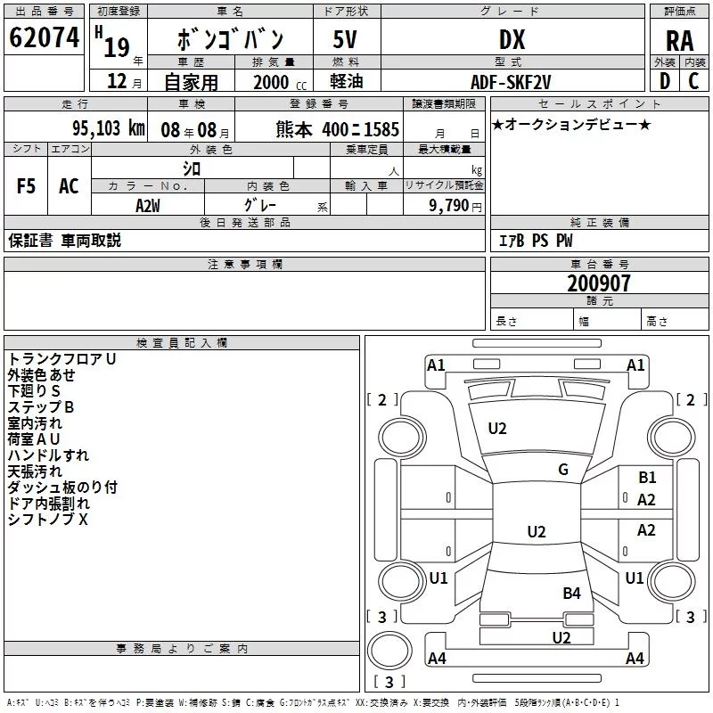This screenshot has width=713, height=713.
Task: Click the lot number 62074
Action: coord(44,37)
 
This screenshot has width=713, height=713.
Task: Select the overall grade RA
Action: coord(679,41)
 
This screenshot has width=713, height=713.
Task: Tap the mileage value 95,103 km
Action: coord(108,128)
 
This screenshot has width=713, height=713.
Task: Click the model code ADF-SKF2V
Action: coord(511,82)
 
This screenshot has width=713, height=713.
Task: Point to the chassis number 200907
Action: coord(598,283)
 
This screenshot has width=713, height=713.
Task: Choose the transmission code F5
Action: coord(26,186)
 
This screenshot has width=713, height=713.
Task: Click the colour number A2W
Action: coord(148,206)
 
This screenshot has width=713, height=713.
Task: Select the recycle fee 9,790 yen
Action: coord(455,206)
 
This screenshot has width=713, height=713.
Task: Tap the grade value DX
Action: coord(512,39)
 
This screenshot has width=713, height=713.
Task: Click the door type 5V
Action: coord(345,39)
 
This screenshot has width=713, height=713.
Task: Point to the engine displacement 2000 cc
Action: coord(280,82)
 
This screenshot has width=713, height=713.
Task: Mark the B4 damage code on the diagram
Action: coord(571,593)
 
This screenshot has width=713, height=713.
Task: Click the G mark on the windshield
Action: coord(563,470)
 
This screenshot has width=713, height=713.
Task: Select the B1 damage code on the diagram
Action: coord(647,478)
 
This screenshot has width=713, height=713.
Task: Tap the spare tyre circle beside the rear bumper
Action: coord(389,651)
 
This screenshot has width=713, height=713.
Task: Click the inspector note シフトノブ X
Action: coord(48,520)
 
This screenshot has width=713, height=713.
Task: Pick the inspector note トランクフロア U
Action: coord(61,359)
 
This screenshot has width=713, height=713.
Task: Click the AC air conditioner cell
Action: coord(70,186)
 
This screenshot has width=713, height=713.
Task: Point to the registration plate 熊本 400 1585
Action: coord(337,129)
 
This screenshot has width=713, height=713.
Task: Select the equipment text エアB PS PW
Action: coord(536,241)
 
